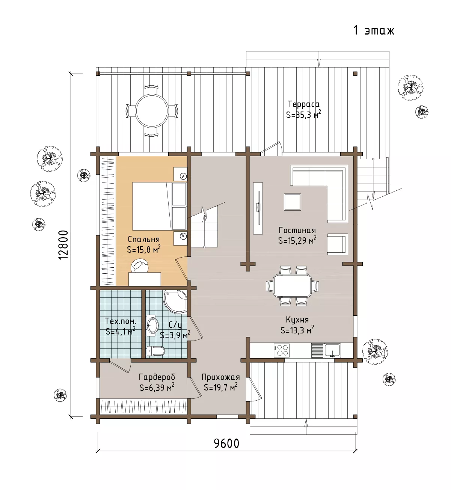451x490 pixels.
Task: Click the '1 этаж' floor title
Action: click(x=374, y=30)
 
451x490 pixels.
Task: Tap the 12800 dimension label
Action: click(x=63, y=245)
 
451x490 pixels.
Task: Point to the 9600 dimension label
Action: click(x=226, y=443)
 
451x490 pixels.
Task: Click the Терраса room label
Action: click(x=303, y=104)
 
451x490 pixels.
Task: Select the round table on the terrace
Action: click(x=152, y=110)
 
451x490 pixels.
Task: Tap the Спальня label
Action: click(x=144, y=239)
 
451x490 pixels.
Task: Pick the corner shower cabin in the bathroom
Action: click(x=175, y=302)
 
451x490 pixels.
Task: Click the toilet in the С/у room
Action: click(x=156, y=351)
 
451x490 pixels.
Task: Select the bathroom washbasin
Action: click(x=152, y=326)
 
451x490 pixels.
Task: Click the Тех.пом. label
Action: click(x=121, y=321)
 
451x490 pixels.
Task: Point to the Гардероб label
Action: click(x=157, y=377)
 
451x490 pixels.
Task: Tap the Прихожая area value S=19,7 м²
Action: click(x=220, y=387)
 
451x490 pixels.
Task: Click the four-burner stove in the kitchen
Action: click(x=282, y=350)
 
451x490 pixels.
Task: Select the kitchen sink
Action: click(x=332, y=351)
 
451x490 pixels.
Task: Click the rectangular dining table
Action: click(x=293, y=285)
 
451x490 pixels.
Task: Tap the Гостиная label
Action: click(x=297, y=230)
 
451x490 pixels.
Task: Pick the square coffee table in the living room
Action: click(x=292, y=202)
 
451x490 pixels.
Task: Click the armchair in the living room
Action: click(x=338, y=244)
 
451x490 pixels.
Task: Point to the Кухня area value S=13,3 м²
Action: click(x=297, y=330)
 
